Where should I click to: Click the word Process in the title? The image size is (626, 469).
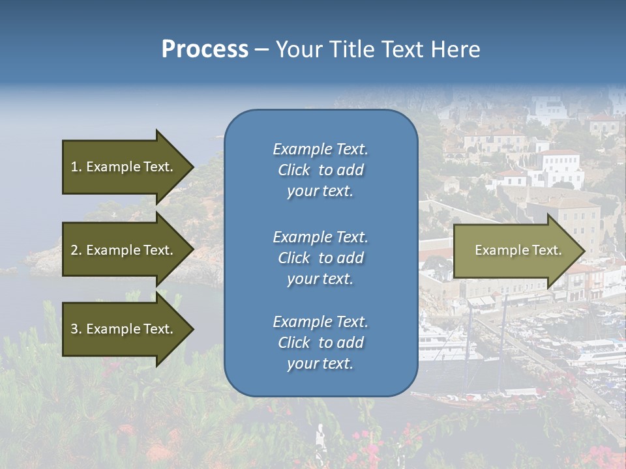click(205, 50)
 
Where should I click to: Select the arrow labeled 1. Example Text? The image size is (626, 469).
click(124, 167)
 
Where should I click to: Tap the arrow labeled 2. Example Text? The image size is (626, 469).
click(124, 250)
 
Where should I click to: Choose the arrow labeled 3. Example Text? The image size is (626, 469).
click(124, 329)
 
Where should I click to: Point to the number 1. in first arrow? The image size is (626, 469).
click(76, 167)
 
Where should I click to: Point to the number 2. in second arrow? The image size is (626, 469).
click(76, 250)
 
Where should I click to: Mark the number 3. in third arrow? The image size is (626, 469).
click(76, 329)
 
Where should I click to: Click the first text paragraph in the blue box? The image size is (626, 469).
click(320, 170)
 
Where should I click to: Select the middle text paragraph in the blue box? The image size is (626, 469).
click(320, 258)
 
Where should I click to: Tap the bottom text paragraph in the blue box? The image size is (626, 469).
click(320, 343)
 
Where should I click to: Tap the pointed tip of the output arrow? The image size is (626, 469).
click(583, 251)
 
